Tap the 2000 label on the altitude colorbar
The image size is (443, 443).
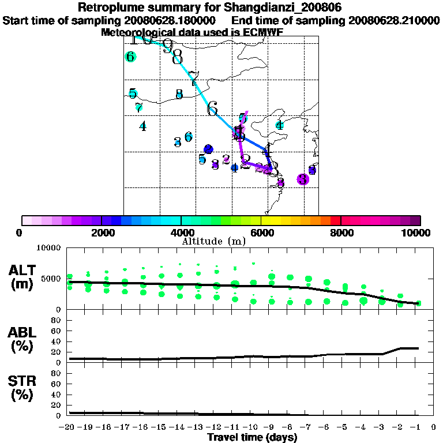[x=101, y=232]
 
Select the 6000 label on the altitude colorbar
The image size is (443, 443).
[x=261, y=232]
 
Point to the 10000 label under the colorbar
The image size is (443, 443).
[x=417, y=232]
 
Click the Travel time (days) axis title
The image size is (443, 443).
[x=252, y=437]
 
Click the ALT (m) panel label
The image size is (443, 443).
[x=22, y=277]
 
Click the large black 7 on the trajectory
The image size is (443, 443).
[x=193, y=78]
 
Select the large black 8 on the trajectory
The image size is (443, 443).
[x=177, y=57]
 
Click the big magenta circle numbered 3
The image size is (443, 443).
[x=303, y=179]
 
